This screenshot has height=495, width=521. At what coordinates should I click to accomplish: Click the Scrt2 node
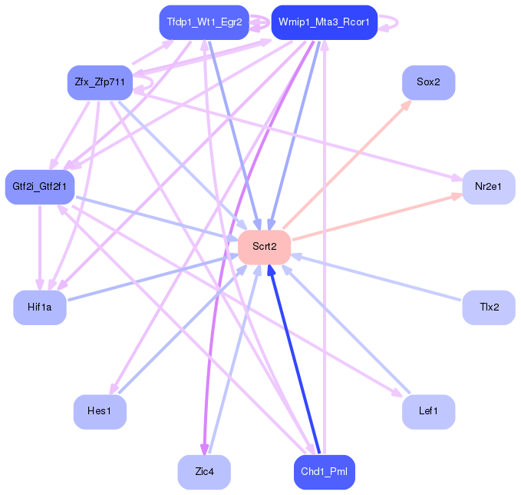(x=264, y=247)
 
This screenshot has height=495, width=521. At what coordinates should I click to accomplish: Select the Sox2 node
(x=428, y=82)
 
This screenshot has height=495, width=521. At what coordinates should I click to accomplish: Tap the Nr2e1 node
(x=488, y=187)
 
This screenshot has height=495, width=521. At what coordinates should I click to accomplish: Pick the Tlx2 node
(x=488, y=307)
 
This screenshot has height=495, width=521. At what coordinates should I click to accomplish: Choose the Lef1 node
(x=428, y=412)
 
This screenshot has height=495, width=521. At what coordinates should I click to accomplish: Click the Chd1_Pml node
(x=325, y=472)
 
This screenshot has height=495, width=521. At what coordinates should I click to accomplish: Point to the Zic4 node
(x=204, y=472)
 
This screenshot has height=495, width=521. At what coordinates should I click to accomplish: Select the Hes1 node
(x=100, y=412)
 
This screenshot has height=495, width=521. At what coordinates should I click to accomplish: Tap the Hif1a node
(x=40, y=307)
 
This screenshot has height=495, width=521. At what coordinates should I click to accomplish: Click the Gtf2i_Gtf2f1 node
(x=40, y=187)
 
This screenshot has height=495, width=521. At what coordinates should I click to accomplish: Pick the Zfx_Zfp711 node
(x=100, y=82)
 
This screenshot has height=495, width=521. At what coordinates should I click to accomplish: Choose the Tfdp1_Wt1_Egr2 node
(x=204, y=22)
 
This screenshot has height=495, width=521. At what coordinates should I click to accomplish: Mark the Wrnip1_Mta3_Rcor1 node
(x=325, y=22)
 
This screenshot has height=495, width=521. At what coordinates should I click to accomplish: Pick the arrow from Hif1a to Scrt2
(x=153, y=277)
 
